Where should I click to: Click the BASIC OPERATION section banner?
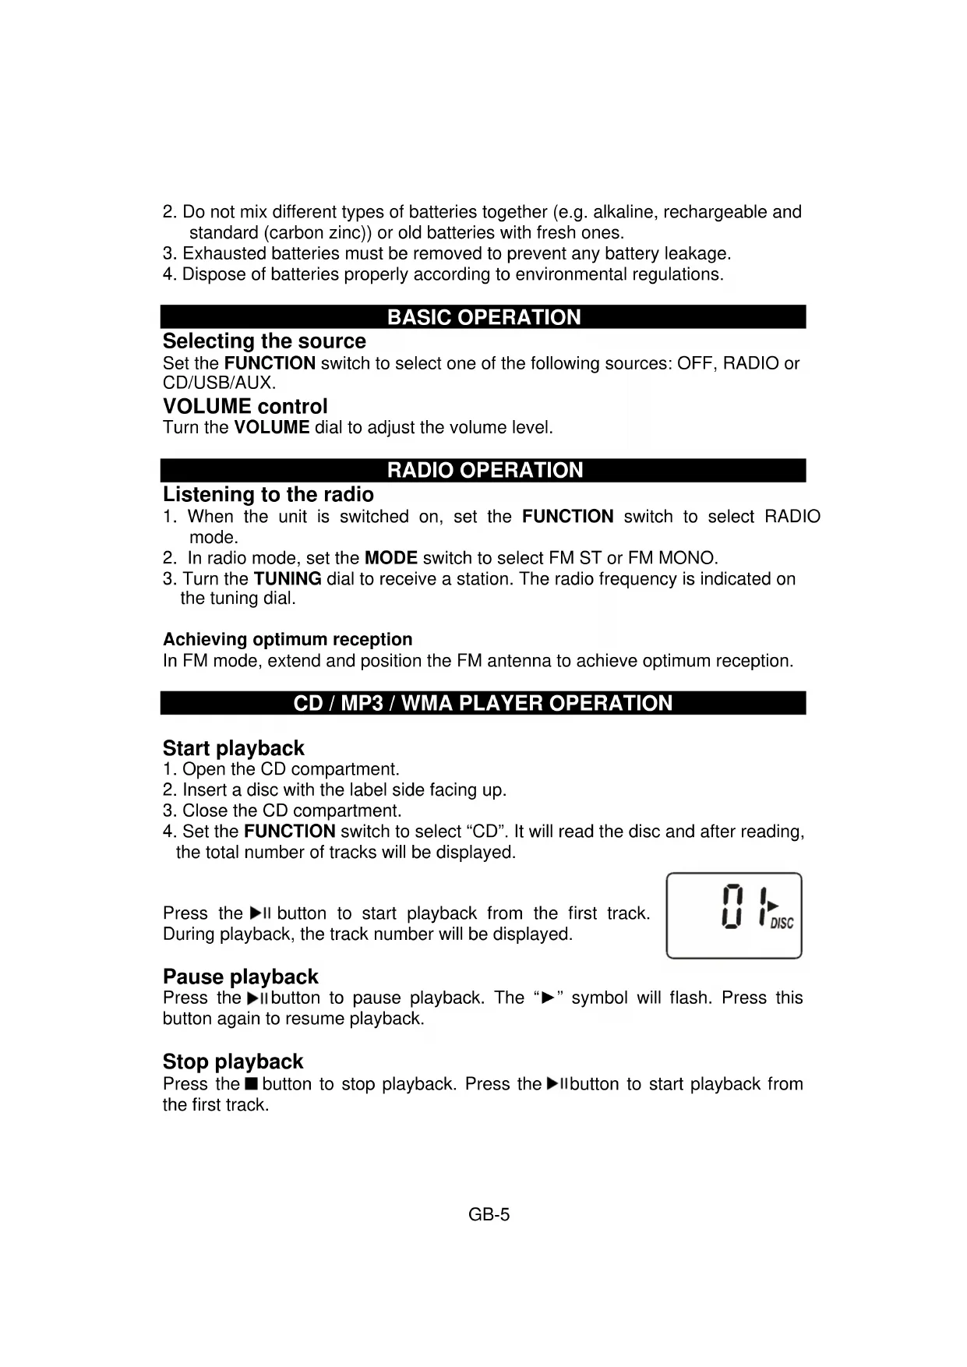click(483, 317)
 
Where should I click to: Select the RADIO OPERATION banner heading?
click(484, 470)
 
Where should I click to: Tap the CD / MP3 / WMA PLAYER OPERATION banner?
click(482, 703)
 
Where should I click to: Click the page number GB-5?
click(489, 1214)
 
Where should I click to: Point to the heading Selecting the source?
click(264, 341)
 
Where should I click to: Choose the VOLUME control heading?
click(245, 406)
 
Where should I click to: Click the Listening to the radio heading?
click(268, 495)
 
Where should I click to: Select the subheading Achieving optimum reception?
click(288, 640)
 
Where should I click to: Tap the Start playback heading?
click(233, 748)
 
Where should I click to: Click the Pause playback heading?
click(240, 977)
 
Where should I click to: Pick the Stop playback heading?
click(232, 1061)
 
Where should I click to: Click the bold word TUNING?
click(288, 579)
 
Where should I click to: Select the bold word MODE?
click(390, 558)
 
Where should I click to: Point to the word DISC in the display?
click(782, 924)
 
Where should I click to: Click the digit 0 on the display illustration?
click(732, 906)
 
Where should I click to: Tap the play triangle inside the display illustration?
click(773, 905)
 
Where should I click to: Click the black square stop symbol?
click(250, 1084)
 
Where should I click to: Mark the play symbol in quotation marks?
click(548, 998)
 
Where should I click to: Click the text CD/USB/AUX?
click(219, 383)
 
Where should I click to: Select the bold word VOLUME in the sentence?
click(271, 428)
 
